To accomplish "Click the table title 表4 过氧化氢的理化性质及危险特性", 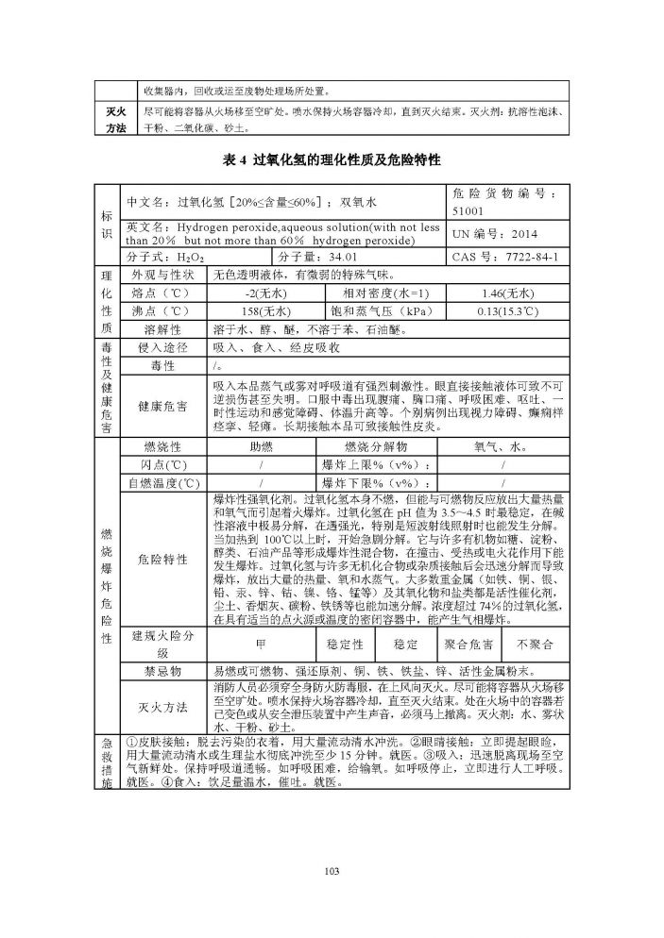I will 332,160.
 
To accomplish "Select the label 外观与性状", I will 162,275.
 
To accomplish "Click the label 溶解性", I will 162,329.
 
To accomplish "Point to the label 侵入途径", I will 162,348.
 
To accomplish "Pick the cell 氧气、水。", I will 501,447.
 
